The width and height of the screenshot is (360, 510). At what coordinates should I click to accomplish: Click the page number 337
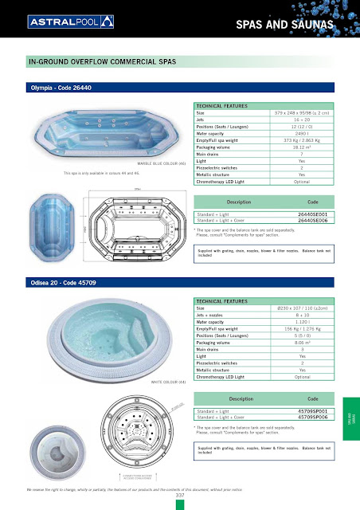pyautogui.click(x=180, y=495)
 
